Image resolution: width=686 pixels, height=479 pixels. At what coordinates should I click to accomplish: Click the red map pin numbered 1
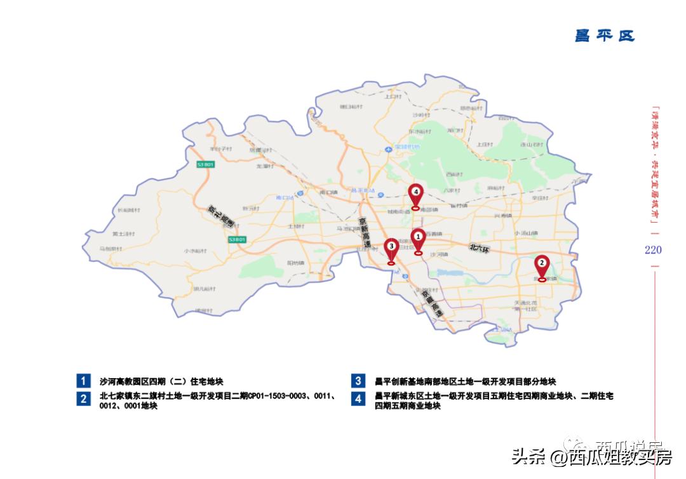[x=418, y=239]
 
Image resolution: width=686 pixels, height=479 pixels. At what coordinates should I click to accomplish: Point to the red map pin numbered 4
[x=415, y=194]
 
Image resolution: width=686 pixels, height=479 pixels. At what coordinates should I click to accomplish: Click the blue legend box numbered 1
[x=84, y=381]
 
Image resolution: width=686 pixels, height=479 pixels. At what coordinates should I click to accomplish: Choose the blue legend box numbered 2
[x=84, y=398]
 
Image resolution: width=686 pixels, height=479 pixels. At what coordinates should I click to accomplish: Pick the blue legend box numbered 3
[x=358, y=381]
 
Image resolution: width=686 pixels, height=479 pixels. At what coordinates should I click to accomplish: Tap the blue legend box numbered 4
[x=358, y=398]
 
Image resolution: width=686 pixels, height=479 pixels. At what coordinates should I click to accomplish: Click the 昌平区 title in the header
[x=605, y=36]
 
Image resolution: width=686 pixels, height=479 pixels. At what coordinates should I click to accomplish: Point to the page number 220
[x=653, y=250]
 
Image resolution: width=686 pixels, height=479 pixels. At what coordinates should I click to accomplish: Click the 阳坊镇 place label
[x=296, y=262]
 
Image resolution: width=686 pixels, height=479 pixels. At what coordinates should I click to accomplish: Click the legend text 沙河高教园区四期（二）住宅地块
[x=161, y=382]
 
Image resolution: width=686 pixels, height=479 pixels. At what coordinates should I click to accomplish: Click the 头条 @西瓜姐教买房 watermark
[x=591, y=457]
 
